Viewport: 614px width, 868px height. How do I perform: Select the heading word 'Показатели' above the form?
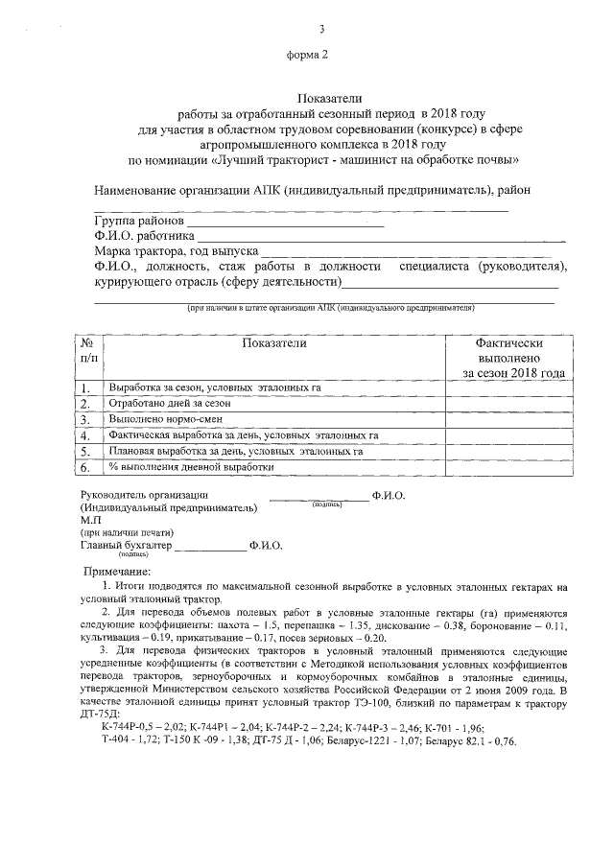coord(307,98)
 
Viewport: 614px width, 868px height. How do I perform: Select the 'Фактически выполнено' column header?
coord(508,357)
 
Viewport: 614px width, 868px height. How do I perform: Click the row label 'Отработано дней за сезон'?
coord(170,404)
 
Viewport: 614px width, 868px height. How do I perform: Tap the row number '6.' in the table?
coord(85,467)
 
